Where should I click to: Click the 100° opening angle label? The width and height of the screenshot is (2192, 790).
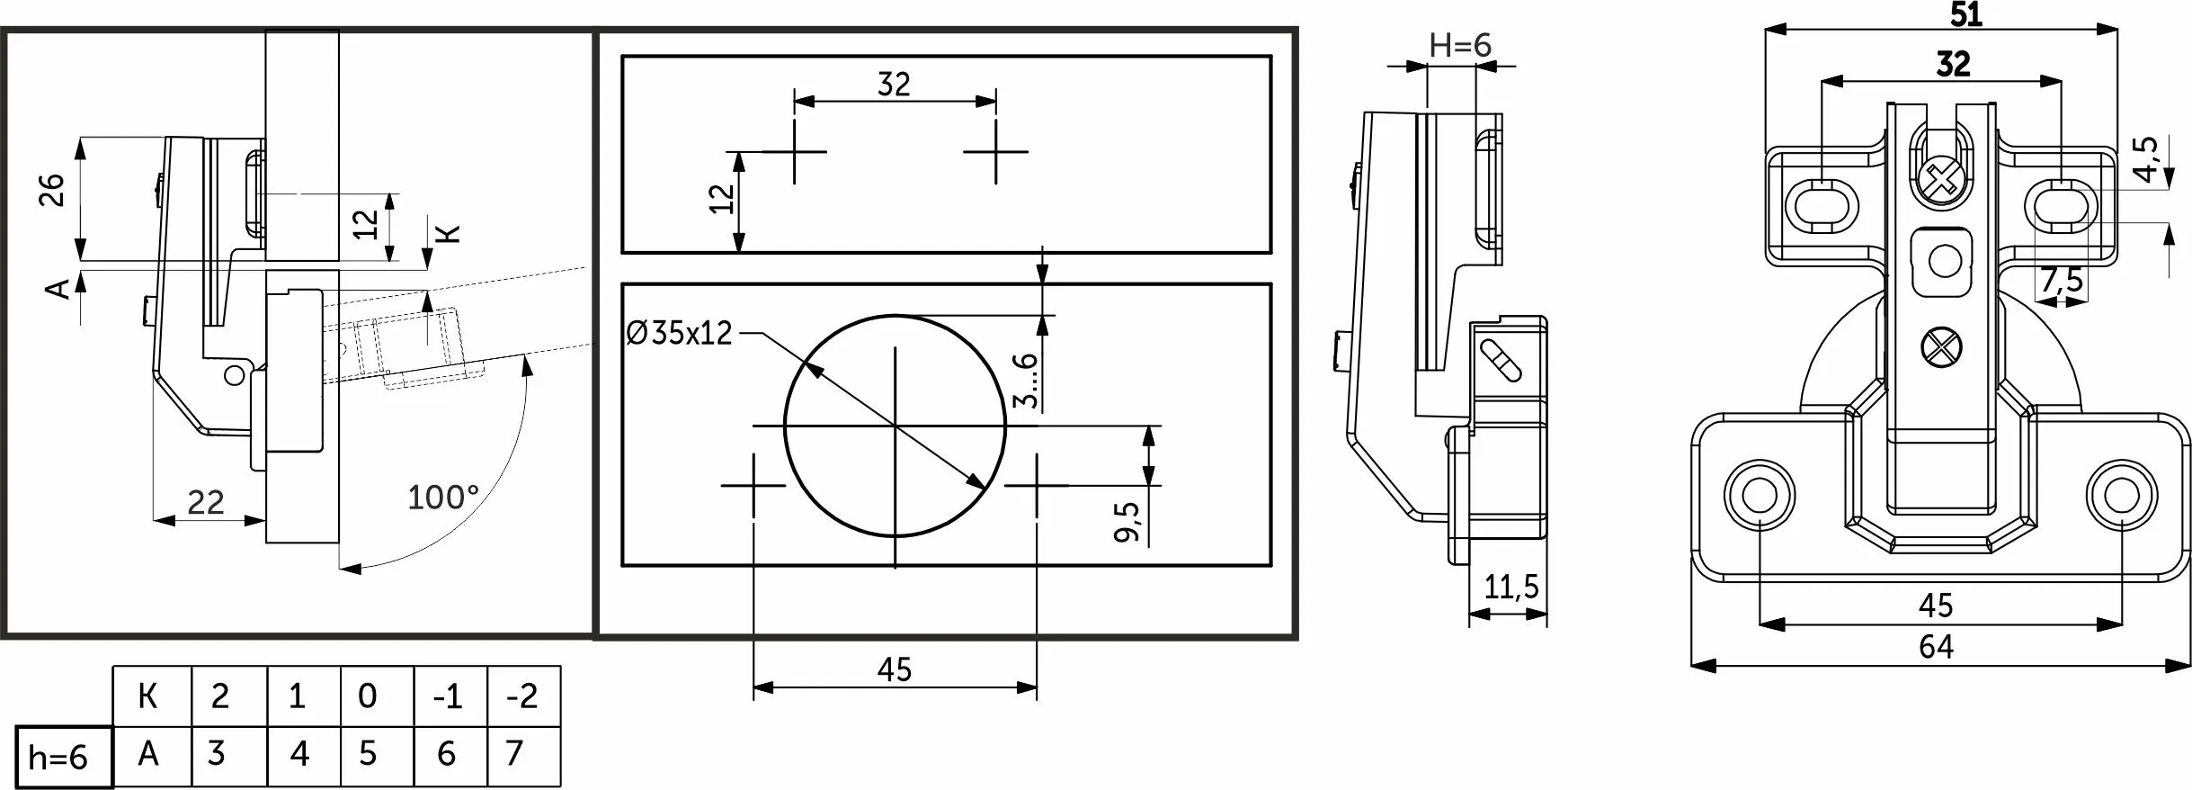coord(443,498)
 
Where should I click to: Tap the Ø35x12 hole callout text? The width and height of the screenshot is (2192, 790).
coord(680,335)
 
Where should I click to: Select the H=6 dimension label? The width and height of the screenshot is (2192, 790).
coord(1460,46)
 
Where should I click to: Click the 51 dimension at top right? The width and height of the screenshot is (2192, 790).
coord(1965,15)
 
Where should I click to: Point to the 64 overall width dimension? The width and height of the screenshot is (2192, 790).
coord(1936,647)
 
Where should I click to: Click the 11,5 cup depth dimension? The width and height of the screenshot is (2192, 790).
coord(1511,588)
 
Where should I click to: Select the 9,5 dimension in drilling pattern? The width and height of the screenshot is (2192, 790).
coord(1127,522)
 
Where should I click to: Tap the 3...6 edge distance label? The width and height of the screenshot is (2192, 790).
coord(1026,380)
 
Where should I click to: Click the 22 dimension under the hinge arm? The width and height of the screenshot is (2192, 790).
coord(205,502)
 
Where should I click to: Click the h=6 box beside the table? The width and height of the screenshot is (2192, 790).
coord(60,758)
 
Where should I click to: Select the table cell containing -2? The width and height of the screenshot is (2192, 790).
coord(522,696)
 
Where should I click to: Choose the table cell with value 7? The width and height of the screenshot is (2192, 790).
coord(514,753)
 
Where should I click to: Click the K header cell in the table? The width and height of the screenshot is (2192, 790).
coord(148,696)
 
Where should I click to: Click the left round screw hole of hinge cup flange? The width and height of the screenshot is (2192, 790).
coord(1757,494)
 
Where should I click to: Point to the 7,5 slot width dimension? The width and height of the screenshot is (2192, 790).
coord(2061,282)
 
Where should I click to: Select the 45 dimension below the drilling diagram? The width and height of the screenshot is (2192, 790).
coord(894,670)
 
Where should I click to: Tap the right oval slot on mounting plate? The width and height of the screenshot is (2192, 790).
coord(2060,206)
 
